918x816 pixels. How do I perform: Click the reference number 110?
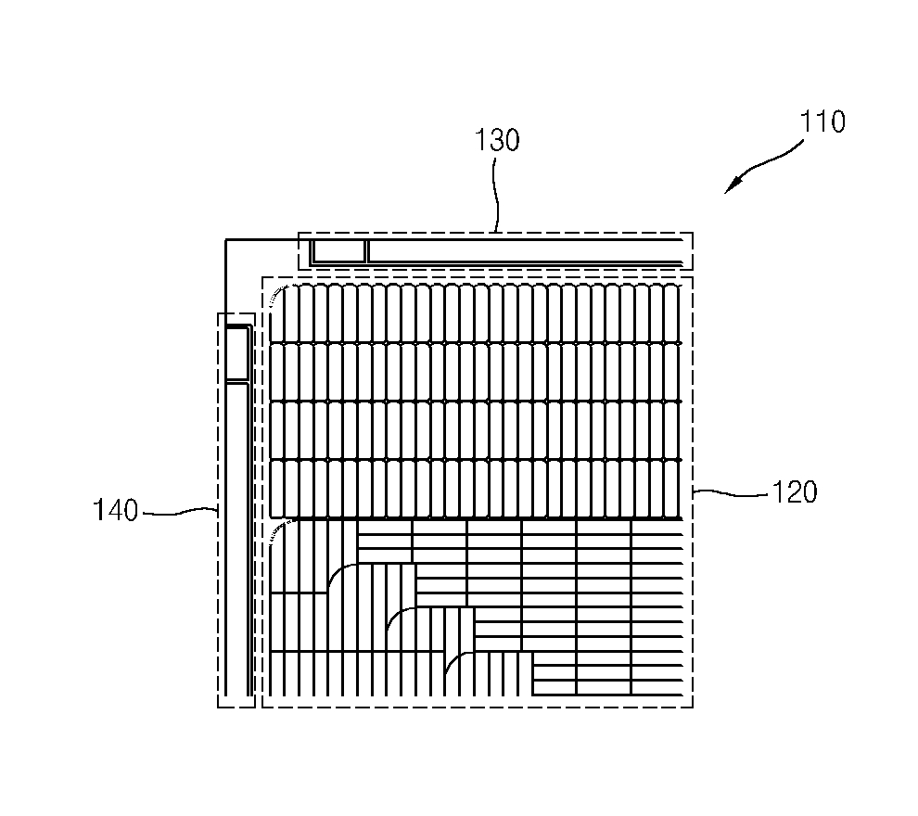point(822,122)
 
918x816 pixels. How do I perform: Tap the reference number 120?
point(796,491)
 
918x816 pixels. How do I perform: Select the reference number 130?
point(497,141)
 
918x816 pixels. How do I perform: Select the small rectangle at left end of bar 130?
point(338,250)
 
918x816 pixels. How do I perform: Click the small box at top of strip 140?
point(238,352)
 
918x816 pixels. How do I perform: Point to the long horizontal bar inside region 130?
point(527,250)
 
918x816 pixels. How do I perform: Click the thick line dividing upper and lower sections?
point(478,518)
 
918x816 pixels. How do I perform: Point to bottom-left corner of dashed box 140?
point(218,708)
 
